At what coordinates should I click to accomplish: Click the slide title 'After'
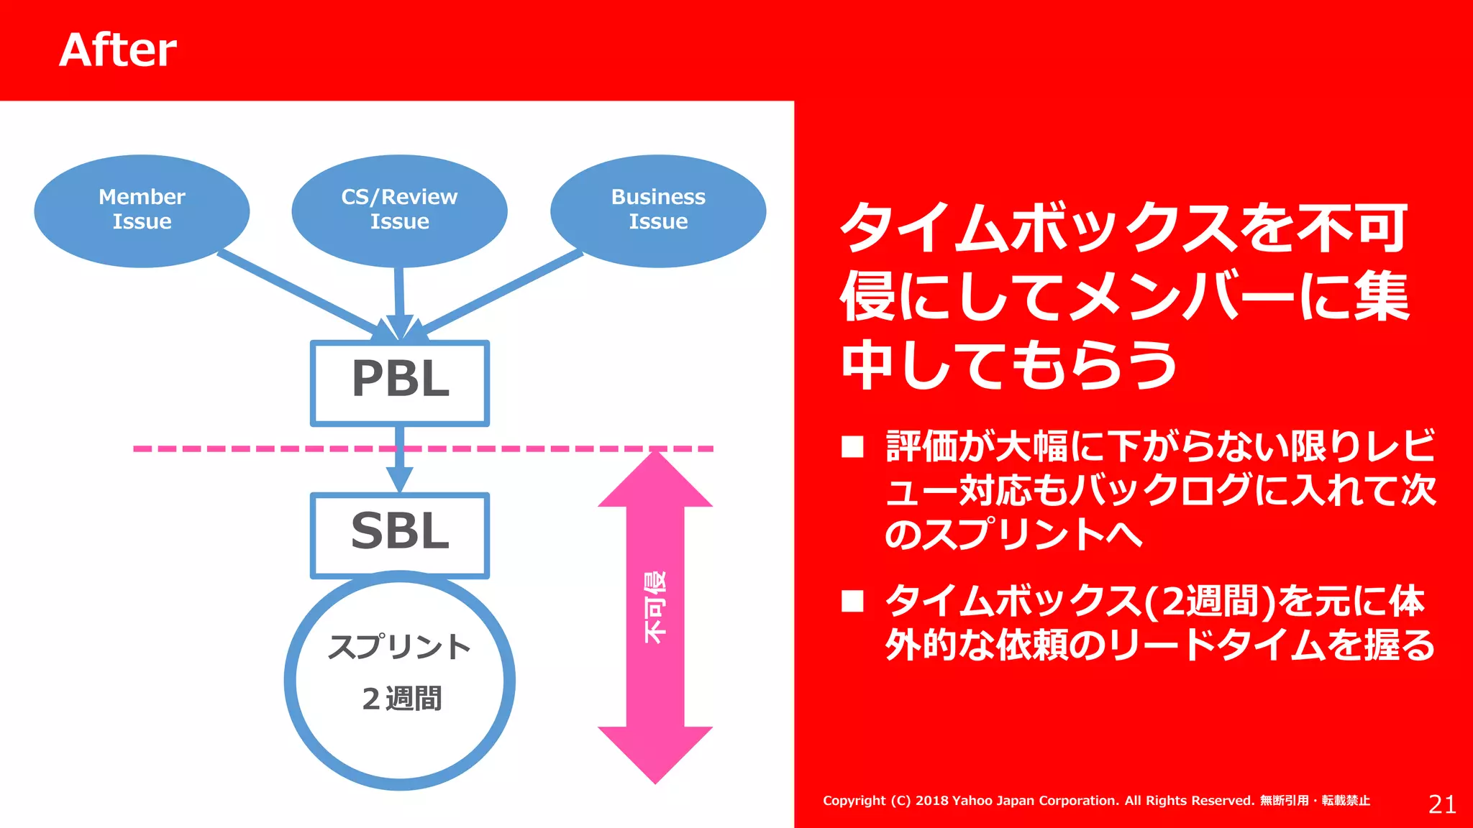pos(118,50)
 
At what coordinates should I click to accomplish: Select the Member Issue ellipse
pos(142,210)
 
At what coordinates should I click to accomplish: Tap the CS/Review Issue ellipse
pos(399,210)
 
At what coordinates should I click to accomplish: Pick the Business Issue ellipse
pos(658,210)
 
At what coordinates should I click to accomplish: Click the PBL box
pos(400,382)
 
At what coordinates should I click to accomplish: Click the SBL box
pos(400,534)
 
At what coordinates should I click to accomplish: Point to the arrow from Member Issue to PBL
pos(302,293)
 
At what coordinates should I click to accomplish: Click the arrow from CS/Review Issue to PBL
pos(399,295)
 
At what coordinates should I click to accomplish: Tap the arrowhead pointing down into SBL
pos(399,478)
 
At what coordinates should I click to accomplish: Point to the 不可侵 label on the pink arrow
pos(655,607)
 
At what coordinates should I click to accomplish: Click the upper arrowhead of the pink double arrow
pos(655,482)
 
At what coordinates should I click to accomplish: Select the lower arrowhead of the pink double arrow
pos(655,751)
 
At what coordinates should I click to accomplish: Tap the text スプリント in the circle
pos(399,646)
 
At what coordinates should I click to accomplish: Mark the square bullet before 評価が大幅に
pos(852,447)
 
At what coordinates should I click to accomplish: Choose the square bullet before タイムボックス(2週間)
pos(852,601)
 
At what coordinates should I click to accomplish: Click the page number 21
pos(1442,804)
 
